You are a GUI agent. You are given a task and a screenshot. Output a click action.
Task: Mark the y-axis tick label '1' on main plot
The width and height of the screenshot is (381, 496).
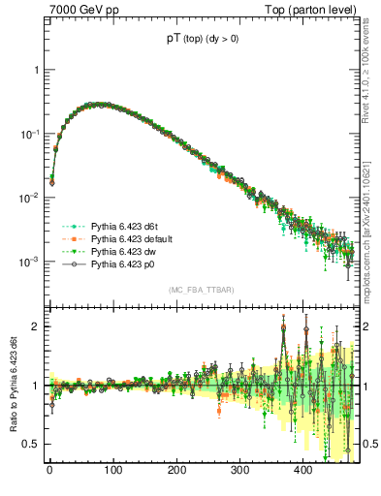pyautogui.click(x=35, y=71)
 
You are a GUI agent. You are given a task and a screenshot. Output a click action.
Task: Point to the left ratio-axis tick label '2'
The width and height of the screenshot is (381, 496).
pyautogui.click(x=35, y=326)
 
